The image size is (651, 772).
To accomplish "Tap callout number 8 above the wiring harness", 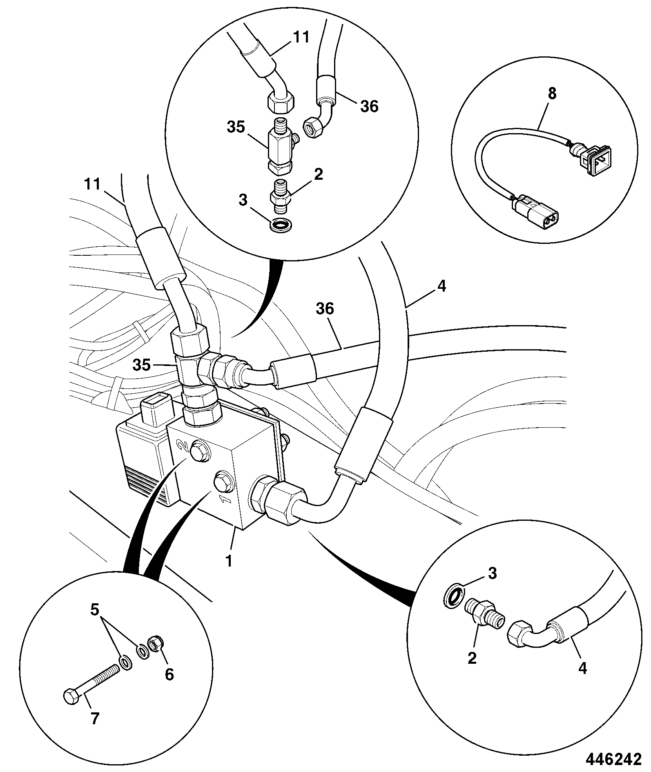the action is click(552, 94).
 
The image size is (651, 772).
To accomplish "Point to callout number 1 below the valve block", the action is click(229, 561).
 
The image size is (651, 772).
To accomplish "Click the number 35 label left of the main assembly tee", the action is click(142, 365).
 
